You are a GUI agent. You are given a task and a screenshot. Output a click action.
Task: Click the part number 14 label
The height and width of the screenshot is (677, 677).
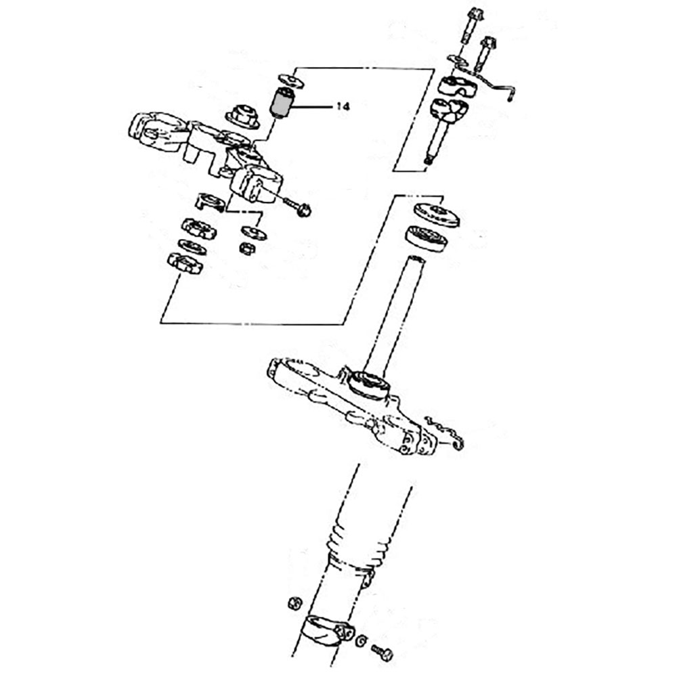click(x=342, y=107)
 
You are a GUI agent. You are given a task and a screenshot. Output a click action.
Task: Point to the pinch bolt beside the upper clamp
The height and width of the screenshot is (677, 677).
click(x=297, y=206)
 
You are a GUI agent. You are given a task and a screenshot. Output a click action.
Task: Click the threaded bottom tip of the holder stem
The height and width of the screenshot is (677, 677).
click(x=427, y=160)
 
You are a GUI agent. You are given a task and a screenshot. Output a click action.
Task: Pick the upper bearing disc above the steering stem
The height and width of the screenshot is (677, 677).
click(x=437, y=214)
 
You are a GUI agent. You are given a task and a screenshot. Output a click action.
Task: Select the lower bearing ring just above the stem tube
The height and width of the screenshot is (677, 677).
click(x=428, y=239)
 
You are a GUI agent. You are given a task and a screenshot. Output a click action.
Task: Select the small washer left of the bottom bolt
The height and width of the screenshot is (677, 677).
click(x=362, y=640)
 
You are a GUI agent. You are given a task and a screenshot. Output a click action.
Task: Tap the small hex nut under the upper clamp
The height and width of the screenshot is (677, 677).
click(x=247, y=248)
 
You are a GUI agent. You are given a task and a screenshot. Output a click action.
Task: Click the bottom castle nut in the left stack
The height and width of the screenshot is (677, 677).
click(x=185, y=263)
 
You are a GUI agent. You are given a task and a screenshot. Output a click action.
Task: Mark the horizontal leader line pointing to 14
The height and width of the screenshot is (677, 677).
click(x=311, y=107)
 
